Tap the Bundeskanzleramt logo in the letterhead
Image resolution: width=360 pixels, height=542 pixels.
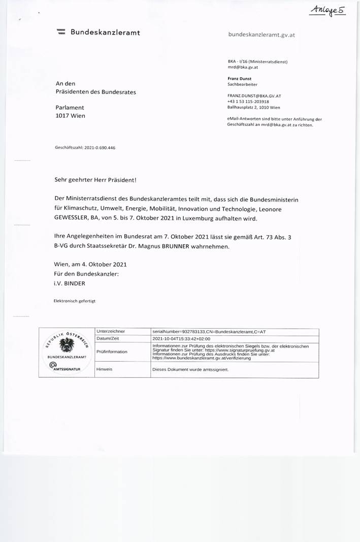coord(61,33)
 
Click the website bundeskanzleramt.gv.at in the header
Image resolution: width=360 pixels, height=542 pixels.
coord(262,35)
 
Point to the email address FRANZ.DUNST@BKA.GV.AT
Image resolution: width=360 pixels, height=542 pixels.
coord(254,95)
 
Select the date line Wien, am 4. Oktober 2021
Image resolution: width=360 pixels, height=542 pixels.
coord(90,264)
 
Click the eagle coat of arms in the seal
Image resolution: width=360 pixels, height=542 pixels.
coord(67,346)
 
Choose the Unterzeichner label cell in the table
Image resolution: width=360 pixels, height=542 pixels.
coord(111,331)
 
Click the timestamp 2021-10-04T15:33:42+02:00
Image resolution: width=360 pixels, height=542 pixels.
coord(181,338)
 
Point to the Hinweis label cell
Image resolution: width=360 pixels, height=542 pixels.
coord(104,369)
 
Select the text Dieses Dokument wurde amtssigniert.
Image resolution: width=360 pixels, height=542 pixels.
coord(190,369)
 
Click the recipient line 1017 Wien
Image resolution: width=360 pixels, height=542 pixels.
coord(70,116)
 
